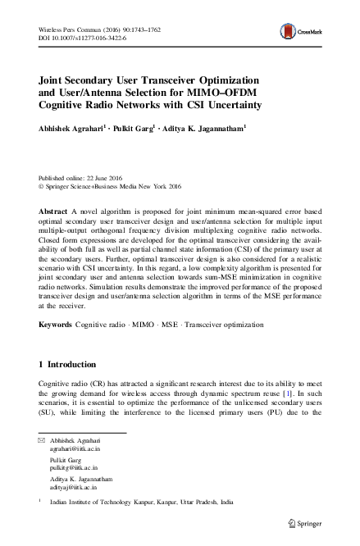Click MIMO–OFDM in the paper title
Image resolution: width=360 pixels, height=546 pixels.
pos(265,94)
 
